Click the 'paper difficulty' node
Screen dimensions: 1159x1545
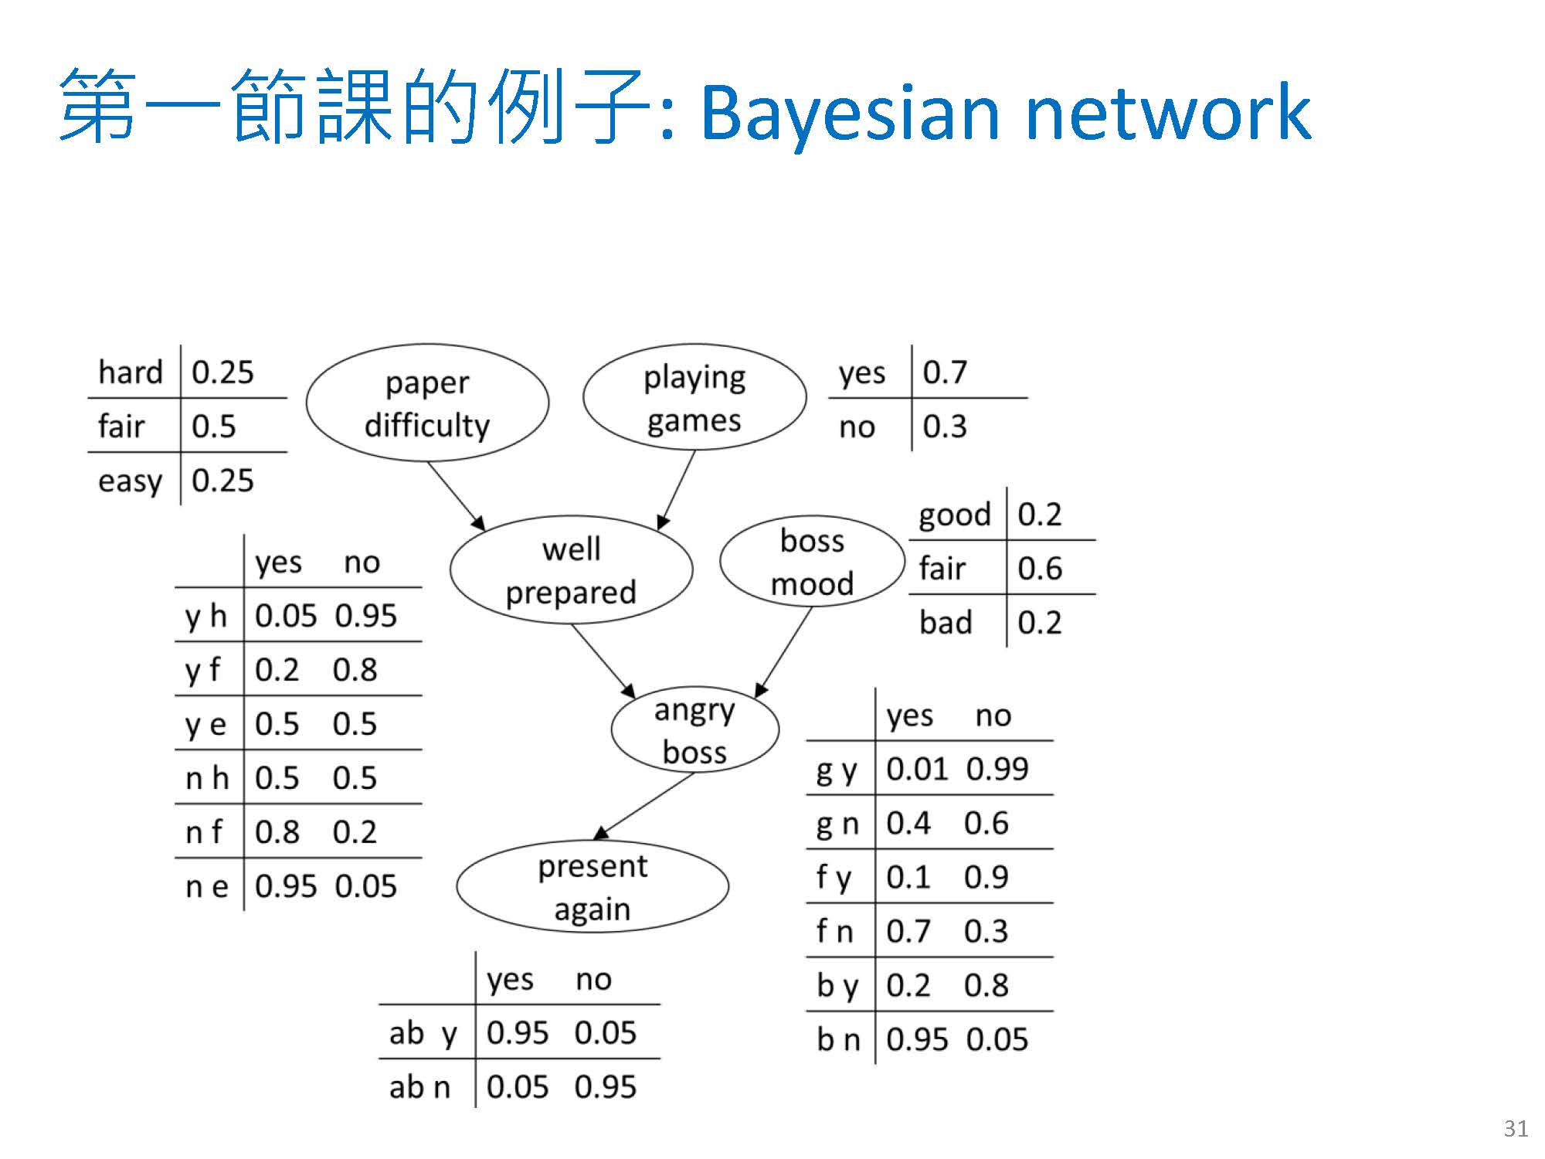[427, 403]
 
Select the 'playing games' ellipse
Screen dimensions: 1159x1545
[694, 398]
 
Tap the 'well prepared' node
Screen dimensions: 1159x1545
[571, 570]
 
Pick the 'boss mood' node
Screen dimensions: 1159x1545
[812, 562]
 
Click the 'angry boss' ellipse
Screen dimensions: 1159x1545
[694, 730]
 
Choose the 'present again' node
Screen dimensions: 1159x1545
[593, 886]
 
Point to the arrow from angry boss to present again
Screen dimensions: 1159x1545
[644, 806]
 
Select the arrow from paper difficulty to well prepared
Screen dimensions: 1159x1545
[456, 495]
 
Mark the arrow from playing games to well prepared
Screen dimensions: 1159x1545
[677, 490]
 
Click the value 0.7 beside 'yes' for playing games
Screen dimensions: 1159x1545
[945, 372]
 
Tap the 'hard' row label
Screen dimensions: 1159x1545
[131, 372]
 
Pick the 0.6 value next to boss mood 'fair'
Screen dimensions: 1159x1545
[1040, 569]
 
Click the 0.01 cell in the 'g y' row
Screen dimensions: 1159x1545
[917, 769]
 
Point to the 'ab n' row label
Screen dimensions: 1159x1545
[419, 1087]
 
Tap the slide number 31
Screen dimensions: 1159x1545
[1516, 1129]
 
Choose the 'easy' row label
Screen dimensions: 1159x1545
[130, 481]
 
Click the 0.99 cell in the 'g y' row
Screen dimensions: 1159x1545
[997, 769]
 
